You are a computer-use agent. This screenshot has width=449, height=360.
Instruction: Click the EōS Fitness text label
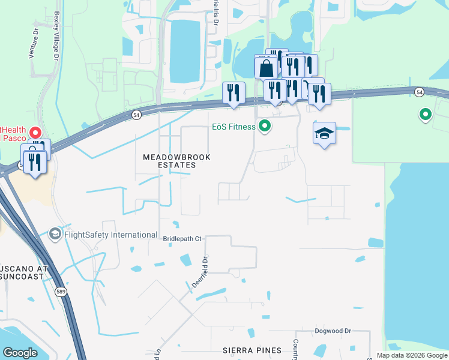click(x=234, y=127)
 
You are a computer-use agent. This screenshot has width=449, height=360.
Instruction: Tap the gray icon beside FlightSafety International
click(x=55, y=233)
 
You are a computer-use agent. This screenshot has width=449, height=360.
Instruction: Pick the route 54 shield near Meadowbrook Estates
click(x=137, y=116)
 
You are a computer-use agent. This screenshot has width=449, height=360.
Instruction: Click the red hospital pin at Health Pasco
click(x=35, y=132)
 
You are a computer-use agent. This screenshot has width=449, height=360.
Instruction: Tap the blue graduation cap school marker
click(x=324, y=134)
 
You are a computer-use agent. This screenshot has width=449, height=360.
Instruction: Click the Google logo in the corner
click(x=20, y=353)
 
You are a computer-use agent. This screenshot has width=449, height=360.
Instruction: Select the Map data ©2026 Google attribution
click(x=412, y=355)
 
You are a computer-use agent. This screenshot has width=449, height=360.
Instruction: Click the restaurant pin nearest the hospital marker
click(x=35, y=162)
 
